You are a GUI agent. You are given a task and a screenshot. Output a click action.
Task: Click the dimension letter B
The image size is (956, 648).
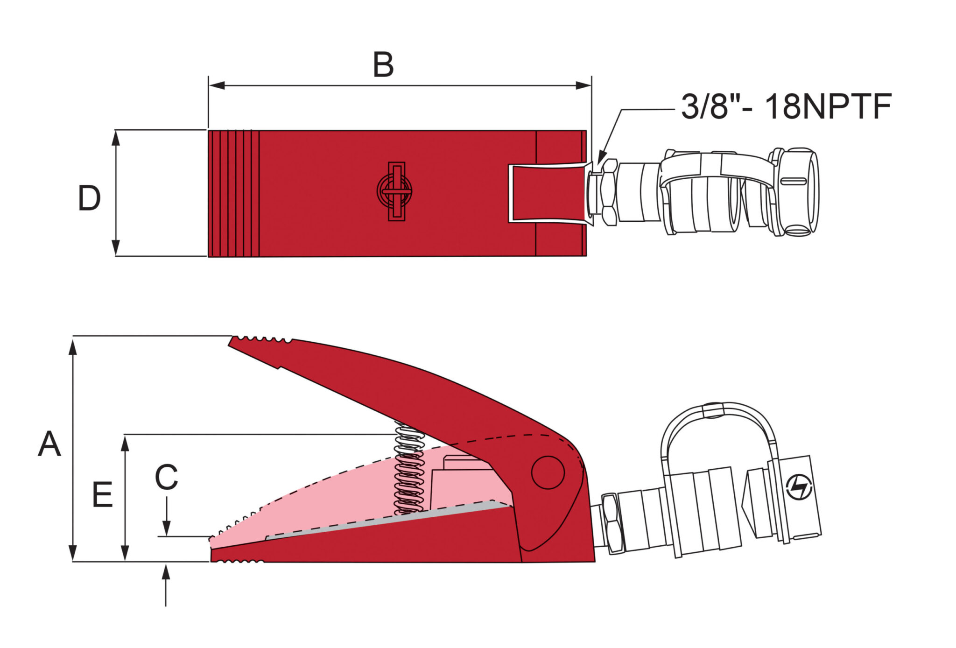[383, 65]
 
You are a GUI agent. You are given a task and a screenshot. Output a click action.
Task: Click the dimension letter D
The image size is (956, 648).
[89, 198]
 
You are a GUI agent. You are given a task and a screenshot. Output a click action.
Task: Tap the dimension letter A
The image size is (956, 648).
[49, 444]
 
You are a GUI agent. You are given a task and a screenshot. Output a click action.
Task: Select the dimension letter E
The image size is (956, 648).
[103, 494]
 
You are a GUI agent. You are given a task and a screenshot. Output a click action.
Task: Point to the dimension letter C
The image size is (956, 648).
[167, 477]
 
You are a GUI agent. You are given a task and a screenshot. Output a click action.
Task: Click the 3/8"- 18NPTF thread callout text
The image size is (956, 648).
[786, 106]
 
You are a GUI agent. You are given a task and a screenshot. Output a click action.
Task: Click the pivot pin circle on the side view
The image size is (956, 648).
[548, 472]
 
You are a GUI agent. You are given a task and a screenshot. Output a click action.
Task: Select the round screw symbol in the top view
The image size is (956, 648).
[394, 191]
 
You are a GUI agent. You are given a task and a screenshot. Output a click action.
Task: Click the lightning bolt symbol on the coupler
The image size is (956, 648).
[799, 487]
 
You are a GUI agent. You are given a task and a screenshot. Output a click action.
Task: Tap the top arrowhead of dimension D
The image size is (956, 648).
[116, 138]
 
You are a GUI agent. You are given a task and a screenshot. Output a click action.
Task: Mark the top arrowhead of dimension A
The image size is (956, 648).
[72, 348]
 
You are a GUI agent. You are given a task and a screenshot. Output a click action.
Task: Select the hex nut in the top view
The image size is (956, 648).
[609, 192]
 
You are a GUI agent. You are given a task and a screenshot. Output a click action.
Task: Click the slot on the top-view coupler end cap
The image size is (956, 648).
[794, 182]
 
